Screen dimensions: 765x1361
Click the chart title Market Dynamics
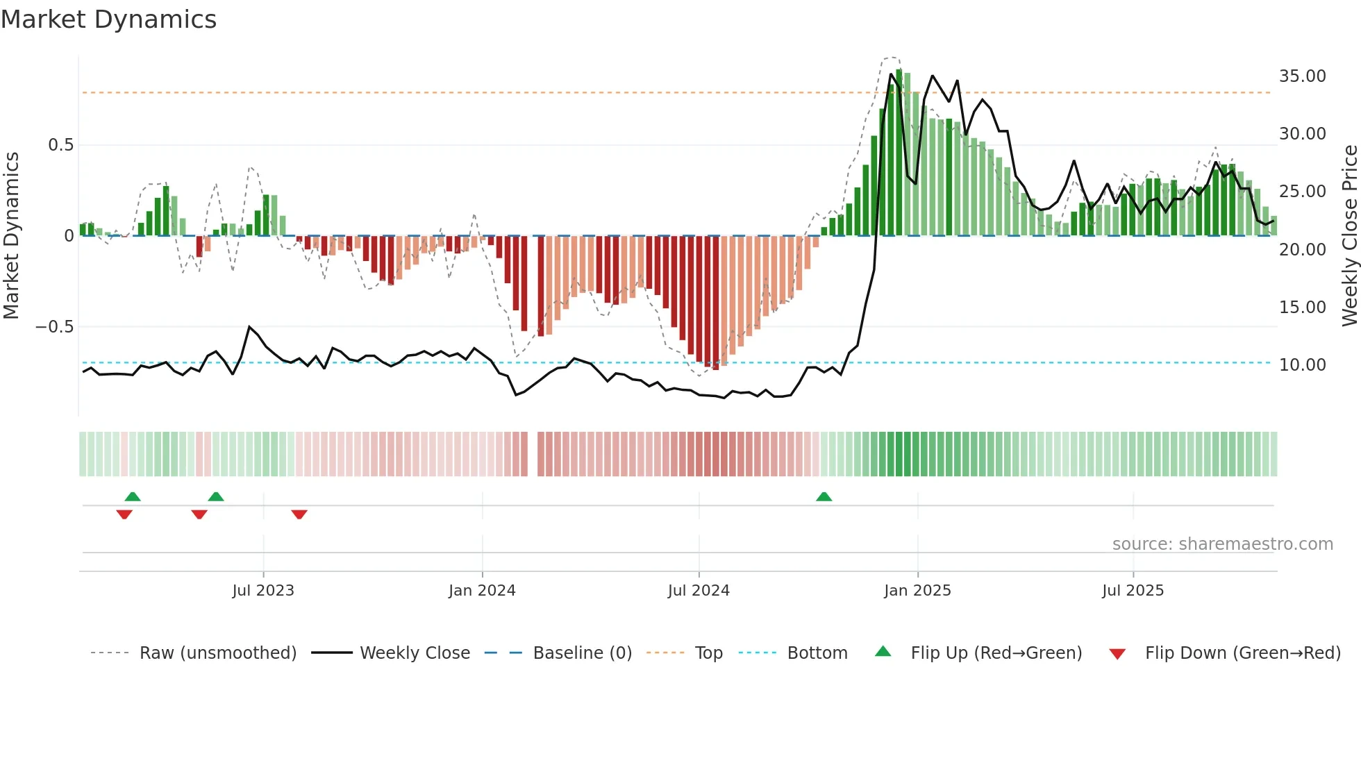[x=108, y=19]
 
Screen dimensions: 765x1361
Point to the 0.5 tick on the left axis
[x=60, y=145]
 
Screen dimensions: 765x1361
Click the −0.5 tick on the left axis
[x=54, y=327]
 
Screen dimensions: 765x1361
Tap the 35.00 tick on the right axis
[x=1302, y=76]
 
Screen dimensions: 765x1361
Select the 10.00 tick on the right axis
[x=1302, y=365]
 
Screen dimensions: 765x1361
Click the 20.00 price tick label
[x=1302, y=250]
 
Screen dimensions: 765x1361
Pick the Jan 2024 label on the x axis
[x=482, y=591]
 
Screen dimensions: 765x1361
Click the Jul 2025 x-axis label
[x=1133, y=591]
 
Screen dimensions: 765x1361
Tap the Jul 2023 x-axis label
[x=263, y=591]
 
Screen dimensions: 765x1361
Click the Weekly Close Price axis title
[x=1349, y=236]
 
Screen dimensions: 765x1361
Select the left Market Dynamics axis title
[x=11, y=236]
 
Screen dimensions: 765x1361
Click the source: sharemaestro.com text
[x=1222, y=544]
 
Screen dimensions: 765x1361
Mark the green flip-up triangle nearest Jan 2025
[x=824, y=497]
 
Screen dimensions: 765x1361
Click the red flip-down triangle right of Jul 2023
[x=299, y=514]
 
